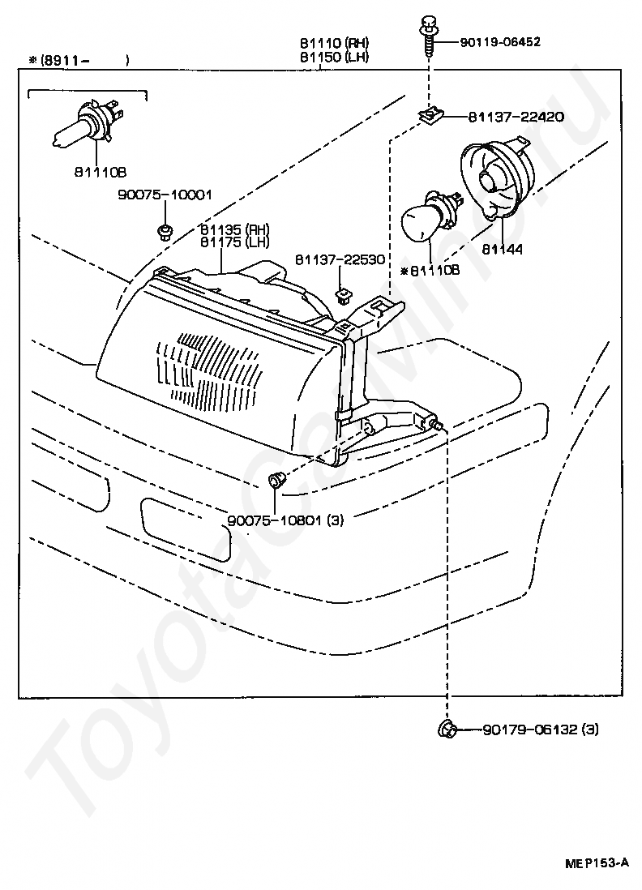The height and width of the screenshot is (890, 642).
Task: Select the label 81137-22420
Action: click(x=516, y=117)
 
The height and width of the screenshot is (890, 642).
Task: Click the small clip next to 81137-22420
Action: click(x=430, y=117)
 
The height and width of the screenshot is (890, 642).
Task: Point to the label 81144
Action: click(x=503, y=249)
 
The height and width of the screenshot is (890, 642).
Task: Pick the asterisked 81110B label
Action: click(x=430, y=271)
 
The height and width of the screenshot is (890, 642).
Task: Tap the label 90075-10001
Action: click(x=165, y=195)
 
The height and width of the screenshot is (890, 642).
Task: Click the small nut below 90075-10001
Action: click(x=164, y=232)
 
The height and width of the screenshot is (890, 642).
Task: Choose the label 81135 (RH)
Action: click(x=234, y=230)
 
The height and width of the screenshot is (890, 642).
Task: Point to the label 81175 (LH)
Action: click(x=234, y=242)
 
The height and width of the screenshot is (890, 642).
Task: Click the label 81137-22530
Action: click(x=340, y=259)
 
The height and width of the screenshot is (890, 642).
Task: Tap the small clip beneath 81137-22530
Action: click(x=342, y=296)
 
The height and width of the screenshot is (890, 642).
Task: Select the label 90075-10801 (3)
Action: click(x=285, y=520)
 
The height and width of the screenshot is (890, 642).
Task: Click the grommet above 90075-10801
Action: click(x=276, y=481)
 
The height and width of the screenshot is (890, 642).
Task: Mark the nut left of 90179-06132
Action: click(x=447, y=728)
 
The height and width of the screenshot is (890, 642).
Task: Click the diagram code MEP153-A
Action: click(x=597, y=863)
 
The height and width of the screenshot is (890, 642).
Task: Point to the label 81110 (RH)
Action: click(x=334, y=43)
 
